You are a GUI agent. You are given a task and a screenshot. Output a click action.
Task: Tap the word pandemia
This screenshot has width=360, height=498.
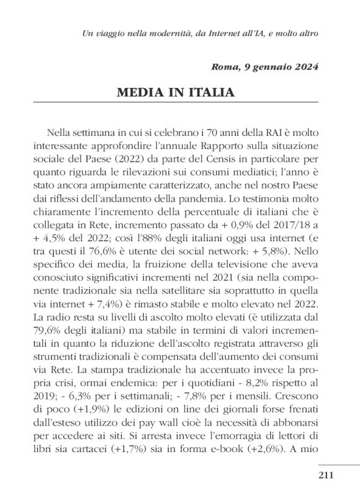220,201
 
